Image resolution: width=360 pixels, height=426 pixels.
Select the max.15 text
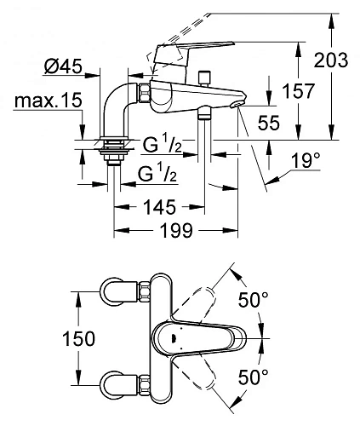click(x=48, y=101)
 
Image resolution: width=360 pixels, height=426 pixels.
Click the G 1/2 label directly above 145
click(x=158, y=174)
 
